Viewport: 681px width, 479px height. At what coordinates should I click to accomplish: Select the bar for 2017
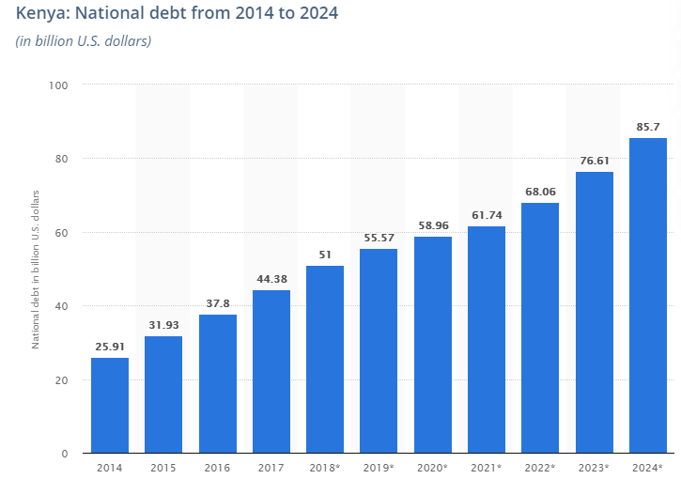pos(271,372)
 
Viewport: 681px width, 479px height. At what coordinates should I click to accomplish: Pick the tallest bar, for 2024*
pos(647,296)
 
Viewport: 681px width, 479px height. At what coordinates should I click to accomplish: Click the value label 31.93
pos(163,325)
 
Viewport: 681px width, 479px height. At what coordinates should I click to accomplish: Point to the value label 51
pos(325,255)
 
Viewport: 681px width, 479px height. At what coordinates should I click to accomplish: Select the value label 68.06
pos(540,192)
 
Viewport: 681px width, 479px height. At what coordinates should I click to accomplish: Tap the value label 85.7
pos(647,126)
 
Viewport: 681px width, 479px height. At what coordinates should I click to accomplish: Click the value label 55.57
pos(379,238)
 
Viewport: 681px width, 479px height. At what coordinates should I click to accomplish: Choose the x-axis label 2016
pos(217,467)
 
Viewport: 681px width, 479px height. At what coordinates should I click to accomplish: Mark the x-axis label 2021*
pos(487,467)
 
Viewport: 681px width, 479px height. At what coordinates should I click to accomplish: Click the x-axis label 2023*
pos(594,467)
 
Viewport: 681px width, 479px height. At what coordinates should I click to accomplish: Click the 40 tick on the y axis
pos(63,306)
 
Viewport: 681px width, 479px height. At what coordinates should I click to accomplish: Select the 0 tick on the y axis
pos(66,454)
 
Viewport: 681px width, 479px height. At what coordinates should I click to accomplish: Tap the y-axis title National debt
pos(36,269)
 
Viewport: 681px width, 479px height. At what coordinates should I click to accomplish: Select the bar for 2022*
pos(540,329)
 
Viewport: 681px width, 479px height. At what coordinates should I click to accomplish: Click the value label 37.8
pos(217,303)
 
